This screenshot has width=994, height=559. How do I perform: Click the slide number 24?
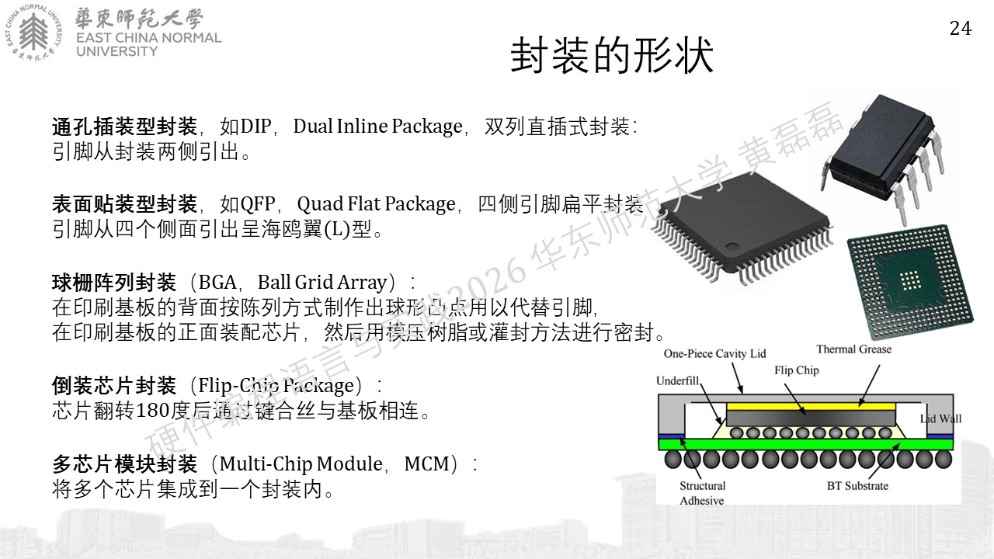click(961, 29)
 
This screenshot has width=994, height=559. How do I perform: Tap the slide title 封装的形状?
click(612, 55)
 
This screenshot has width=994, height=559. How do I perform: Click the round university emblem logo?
click(33, 32)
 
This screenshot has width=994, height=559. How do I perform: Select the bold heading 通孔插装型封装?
click(125, 127)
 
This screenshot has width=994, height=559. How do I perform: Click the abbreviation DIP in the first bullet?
click(255, 127)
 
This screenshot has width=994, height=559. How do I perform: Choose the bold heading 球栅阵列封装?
click(114, 282)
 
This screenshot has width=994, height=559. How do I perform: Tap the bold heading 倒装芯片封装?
click(114, 386)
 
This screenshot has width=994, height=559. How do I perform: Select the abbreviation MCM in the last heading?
click(427, 464)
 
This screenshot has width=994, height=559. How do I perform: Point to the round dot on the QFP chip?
click(732, 246)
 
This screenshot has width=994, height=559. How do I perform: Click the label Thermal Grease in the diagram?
click(853, 349)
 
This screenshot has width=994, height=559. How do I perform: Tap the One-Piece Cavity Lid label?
click(715, 353)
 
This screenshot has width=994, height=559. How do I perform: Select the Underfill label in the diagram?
click(678, 380)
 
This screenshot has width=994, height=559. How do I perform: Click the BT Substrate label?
click(858, 486)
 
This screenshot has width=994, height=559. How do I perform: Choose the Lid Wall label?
click(940, 418)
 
